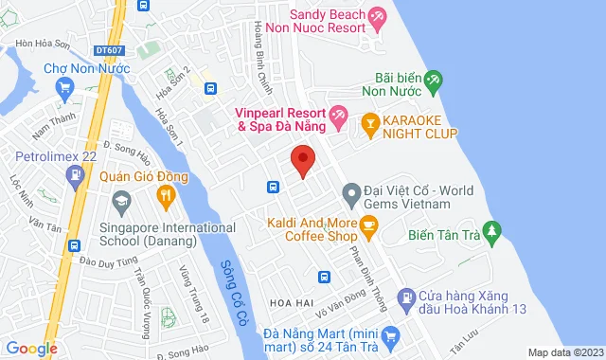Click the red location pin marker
[x=302, y=160]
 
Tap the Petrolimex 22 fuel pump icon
[x=74, y=174]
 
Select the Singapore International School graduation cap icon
[x=120, y=202]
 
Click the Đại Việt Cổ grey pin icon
[x=350, y=196]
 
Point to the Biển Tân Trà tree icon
[x=490, y=230]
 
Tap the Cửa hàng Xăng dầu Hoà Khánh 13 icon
[x=407, y=297]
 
